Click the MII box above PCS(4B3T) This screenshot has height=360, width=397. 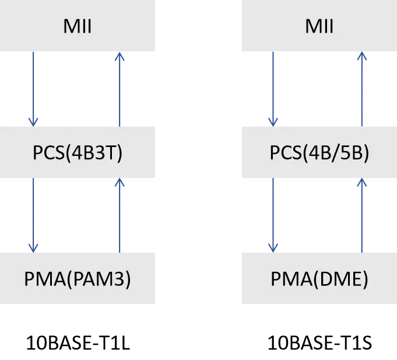pyautogui.click(x=79, y=26)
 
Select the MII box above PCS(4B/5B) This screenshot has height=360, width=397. pyautogui.click(x=319, y=26)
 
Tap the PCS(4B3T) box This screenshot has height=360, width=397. pyautogui.click(x=79, y=154)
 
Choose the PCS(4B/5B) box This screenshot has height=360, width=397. pyautogui.click(x=319, y=154)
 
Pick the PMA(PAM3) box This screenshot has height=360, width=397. pyautogui.click(x=79, y=280)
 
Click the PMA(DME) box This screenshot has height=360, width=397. pyautogui.click(x=319, y=280)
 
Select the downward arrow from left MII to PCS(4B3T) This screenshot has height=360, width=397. pyautogui.click(x=35, y=88)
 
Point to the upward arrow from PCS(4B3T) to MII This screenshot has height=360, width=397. pyautogui.click(x=120, y=88)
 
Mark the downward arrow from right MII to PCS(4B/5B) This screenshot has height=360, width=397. pyautogui.click(x=272, y=88)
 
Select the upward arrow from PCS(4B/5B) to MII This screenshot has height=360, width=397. pyautogui.click(x=361, y=88)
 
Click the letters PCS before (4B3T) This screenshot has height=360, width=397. pyautogui.click(x=48, y=155)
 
